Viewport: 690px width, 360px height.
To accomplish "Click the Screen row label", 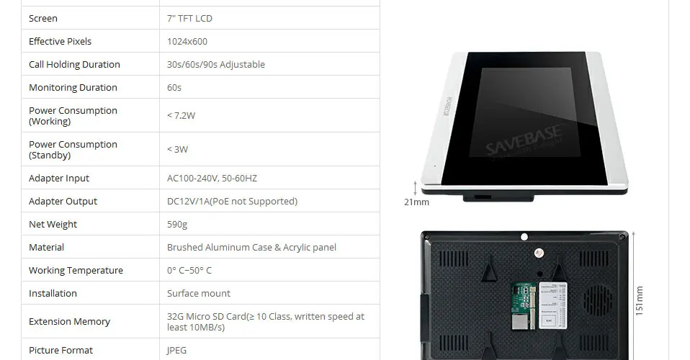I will pos(43,18).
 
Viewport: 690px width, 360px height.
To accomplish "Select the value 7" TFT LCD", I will pos(189,18).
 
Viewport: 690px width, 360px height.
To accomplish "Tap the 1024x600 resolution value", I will pos(187,41).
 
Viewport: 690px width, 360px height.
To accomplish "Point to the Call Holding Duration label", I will pos(74,64).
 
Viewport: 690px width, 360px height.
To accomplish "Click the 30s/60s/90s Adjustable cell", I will pos(216,64).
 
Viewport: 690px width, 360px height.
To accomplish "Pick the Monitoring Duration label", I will pos(73,87).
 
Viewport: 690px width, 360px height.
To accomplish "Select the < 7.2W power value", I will pos(182,115).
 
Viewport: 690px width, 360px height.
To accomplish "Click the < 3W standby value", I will pos(177,149).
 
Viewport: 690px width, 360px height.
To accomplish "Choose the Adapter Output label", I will pos(63,201).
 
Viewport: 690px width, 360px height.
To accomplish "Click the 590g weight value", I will pos(177,224).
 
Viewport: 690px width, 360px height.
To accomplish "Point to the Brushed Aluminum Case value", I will pos(251,247).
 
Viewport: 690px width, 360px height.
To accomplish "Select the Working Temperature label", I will pos(76,270).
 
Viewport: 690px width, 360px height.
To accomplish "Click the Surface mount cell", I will pos(199,293).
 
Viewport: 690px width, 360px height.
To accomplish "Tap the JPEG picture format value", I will pos(176,350).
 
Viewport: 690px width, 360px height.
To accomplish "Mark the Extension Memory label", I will pos(69,321).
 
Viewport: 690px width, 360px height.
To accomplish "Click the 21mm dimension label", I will pos(416,202).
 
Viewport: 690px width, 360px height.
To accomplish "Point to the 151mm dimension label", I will pos(639,300).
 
